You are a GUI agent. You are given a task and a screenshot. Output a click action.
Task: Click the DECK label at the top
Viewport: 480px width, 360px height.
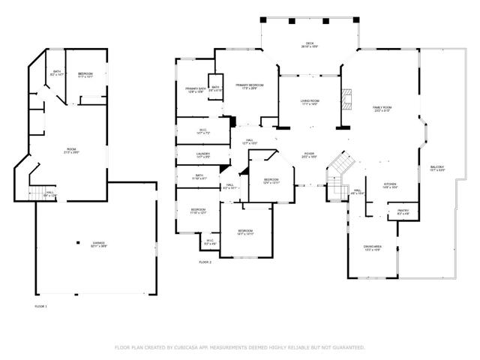click(x=309, y=44)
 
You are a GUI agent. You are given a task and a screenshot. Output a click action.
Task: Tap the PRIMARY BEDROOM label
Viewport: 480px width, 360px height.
click(x=247, y=86)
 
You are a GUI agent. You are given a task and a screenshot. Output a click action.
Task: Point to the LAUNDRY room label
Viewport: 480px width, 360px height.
click(x=193, y=154)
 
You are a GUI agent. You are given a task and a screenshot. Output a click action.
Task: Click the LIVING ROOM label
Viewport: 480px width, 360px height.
click(x=310, y=102)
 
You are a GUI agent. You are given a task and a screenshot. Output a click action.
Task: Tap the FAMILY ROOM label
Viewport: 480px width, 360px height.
click(x=382, y=108)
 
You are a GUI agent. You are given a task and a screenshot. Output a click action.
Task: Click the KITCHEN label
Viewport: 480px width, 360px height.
click(x=391, y=184)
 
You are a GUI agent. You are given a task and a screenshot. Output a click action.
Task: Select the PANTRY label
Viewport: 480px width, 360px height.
click(x=403, y=211)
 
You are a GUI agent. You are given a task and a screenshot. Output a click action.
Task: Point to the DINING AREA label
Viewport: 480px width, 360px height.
click(x=373, y=247)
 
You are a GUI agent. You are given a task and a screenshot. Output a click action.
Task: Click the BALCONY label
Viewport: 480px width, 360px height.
click(x=437, y=167)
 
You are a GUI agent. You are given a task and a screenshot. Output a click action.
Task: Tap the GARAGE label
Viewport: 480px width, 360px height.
click(x=99, y=244)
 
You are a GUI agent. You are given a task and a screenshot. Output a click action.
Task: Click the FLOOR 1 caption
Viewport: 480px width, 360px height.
click(x=41, y=306)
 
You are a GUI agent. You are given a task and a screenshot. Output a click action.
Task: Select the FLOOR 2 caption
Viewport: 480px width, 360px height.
click(x=205, y=262)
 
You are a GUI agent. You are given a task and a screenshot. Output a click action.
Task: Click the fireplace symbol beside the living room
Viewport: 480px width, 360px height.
click(x=346, y=98)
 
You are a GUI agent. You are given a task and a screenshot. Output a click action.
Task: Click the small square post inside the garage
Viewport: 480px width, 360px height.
click(x=79, y=241)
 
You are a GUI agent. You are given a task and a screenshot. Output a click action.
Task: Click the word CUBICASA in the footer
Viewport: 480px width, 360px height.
click(x=188, y=348)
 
